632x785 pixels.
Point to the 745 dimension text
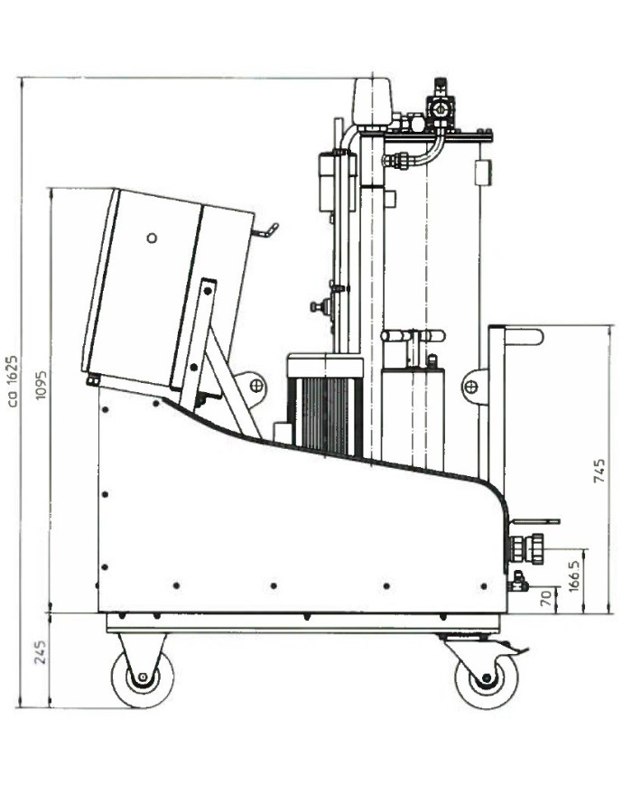pos(599,470)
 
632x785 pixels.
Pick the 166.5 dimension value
pos(574,575)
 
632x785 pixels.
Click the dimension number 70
pos(546,598)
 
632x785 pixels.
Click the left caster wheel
pos(143,678)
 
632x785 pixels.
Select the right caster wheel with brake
pos(487,678)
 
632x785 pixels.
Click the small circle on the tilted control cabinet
pos(152,238)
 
